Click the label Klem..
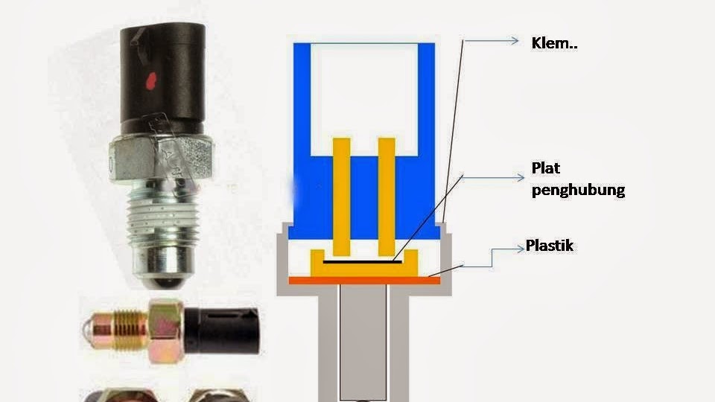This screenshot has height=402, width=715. pos(554,43)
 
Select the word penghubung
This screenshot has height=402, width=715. pos(577,190)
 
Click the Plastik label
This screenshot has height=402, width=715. pos(550,245)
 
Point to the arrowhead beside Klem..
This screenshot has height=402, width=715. pos(514,42)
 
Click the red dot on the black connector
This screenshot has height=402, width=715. pos(151,77)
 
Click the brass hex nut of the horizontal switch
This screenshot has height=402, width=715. pos(165,331)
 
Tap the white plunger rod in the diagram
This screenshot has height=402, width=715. pos(363,342)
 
